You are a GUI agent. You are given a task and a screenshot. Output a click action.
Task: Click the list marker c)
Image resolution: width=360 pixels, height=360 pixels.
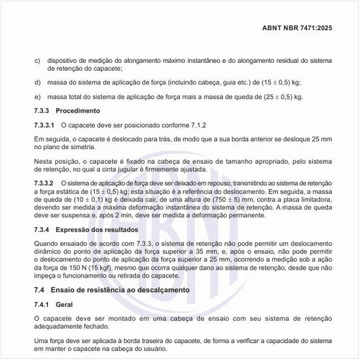point(37,61)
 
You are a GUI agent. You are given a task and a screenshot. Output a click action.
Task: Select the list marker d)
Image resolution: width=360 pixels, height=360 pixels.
point(37,82)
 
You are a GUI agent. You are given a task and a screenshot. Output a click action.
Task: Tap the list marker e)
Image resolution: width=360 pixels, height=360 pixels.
point(37,97)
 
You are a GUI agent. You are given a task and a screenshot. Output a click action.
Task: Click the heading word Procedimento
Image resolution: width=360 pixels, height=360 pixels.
point(78,111)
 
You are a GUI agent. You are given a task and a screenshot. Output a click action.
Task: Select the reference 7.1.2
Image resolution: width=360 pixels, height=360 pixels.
point(197,124)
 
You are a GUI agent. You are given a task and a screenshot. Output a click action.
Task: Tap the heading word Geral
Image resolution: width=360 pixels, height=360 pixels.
point(65,304)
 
